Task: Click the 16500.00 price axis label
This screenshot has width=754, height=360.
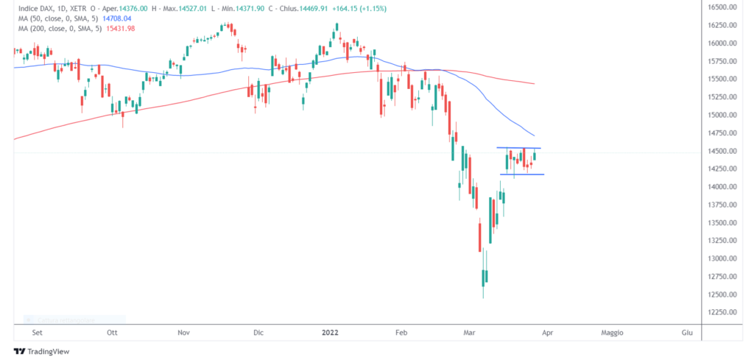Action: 722,7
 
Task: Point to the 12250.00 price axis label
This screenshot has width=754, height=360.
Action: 722,312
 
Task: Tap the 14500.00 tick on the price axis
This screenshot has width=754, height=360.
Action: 722,151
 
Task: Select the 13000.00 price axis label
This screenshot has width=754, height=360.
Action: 722,258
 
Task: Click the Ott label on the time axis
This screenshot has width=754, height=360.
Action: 113,333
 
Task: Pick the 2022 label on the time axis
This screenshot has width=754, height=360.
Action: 329,333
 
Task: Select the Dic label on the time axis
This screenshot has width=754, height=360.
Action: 258,333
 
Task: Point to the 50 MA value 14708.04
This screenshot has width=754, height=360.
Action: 116,18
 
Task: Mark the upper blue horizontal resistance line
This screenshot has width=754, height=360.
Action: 519,148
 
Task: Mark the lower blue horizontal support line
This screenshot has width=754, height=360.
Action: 522,174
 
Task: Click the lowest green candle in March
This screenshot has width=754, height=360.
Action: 485,278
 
